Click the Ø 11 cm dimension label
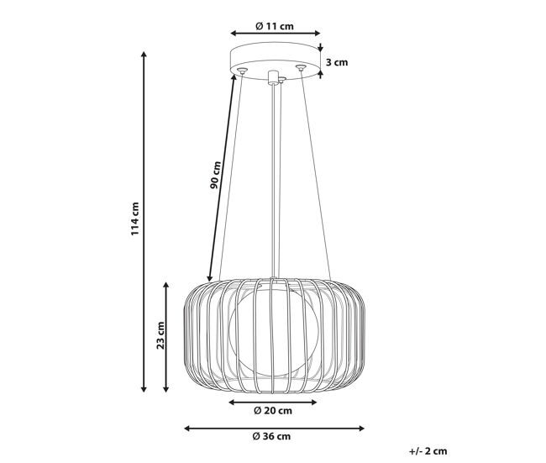pyautogui.click(x=275, y=26)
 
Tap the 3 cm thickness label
pyautogui.click(x=337, y=62)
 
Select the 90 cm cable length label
pyautogui.click(x=215, y=175)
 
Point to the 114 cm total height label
pyautogui.click(x=134, y=218)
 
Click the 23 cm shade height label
pyautogui.click(x=160, y=335)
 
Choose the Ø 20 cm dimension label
pyautogui.click(x=273, y=411)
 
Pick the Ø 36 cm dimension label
pyautogui.click(x=271, y=436)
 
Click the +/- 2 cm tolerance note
pyautogui.click(x=428, y=451)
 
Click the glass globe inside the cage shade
pyautogui.click(x=273, y=333)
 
